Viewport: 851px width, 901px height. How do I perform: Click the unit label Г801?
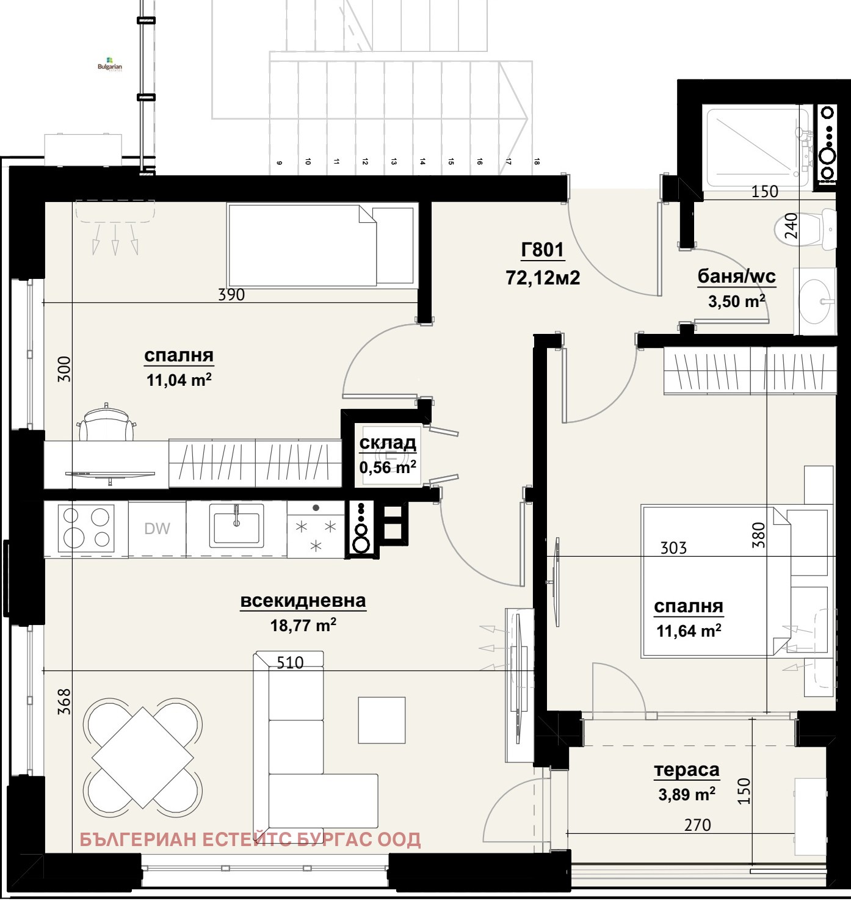click(542, 250)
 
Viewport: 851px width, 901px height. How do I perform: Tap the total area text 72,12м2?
click(543, 278)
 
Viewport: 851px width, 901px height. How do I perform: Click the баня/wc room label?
click(736, 277)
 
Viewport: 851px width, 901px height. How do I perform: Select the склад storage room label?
click(388, 443)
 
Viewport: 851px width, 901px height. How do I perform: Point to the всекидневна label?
click(303, 601)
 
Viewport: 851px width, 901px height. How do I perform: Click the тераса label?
click(687, 770)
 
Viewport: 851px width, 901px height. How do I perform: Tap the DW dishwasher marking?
click(157, 529)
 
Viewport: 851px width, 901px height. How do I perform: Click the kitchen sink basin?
click(236, 526)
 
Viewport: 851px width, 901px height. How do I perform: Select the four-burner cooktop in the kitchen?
click(86, 527)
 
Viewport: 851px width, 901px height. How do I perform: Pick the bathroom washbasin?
click(815, 301)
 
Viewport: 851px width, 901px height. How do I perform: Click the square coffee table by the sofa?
click(382, 720)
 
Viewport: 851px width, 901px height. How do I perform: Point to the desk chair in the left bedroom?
click(107, 423)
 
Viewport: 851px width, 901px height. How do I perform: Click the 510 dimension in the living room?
click(290, 663)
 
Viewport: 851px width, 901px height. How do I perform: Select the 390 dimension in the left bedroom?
click(231, 295)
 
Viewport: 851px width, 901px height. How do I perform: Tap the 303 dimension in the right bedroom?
click(673, 548)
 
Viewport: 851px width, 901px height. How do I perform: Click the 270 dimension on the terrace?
click(698, 825)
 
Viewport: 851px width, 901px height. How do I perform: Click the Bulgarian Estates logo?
click(110, 65)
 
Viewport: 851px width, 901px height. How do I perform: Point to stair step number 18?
click(537, 162)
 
